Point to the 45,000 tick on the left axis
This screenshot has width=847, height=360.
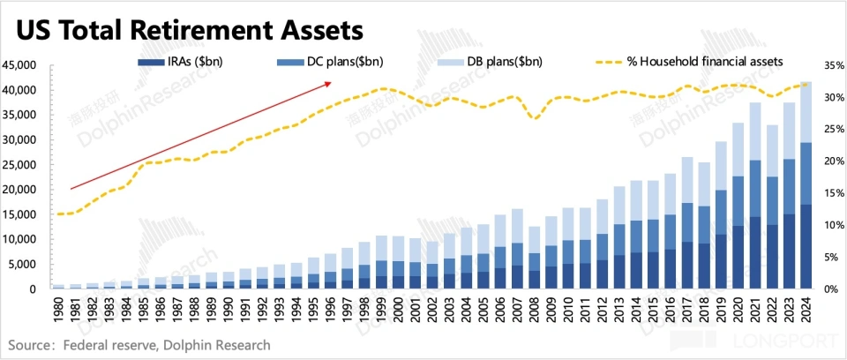click(19, 65)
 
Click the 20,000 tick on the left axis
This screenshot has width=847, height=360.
click(19, 190)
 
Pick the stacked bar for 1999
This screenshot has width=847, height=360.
click(380, 262)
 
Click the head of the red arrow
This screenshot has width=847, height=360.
click(329, 83)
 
